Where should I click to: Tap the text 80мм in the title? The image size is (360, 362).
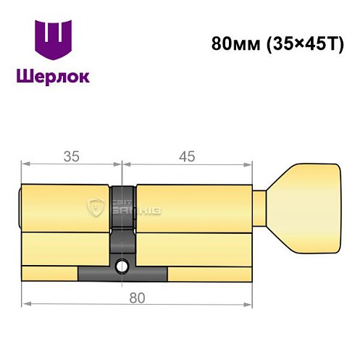[233, 42]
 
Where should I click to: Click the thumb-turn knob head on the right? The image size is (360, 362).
[309, 209]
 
